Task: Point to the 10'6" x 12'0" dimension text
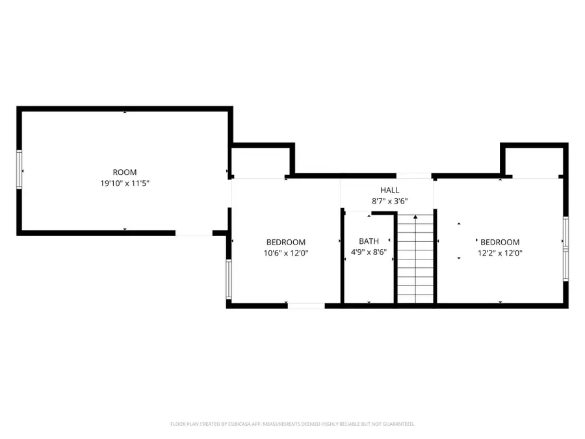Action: coord(286,253)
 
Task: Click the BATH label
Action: coord(368,241)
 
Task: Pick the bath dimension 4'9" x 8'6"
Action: coord(368,252)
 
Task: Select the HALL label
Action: coord(390,190)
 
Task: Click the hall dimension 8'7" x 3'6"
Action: coord(390,201)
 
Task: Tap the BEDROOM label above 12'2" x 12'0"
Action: coord(500,242)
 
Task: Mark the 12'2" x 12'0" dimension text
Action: coord(500,253)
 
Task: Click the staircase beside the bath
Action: coord(415,260)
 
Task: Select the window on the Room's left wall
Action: coord(19,170)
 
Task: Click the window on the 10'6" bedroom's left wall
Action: coord(228,280)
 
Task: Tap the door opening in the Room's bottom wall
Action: coord(194,232)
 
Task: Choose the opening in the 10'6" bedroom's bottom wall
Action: coord(306,305)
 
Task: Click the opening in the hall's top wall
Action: coord(414,176)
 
